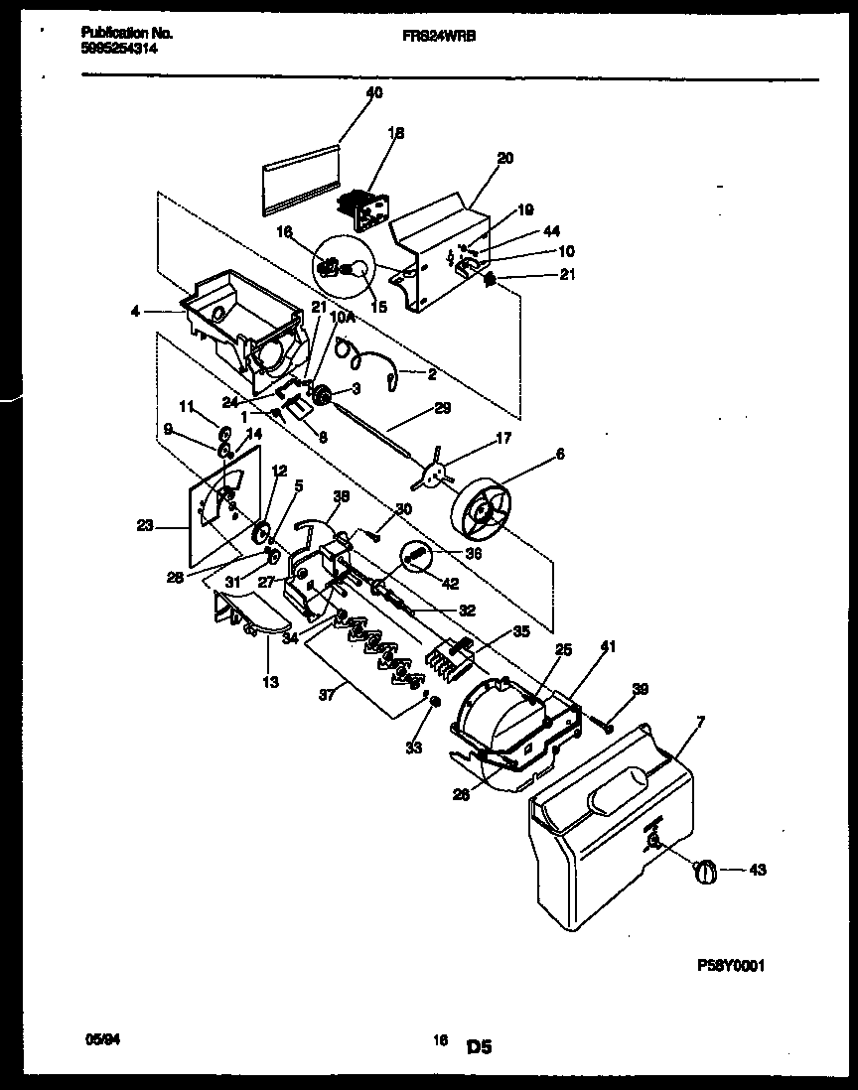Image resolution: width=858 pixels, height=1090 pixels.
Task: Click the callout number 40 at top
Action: click(373, 93)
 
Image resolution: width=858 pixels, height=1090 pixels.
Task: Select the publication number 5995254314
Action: click(118, 46)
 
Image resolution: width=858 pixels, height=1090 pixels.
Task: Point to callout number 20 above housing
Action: click(505, 158)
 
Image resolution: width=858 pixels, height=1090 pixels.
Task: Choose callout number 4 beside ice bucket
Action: click(135, 311)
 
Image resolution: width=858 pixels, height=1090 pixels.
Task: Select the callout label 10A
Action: click(341, 320)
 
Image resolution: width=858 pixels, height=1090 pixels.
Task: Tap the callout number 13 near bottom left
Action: click(270, 682)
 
